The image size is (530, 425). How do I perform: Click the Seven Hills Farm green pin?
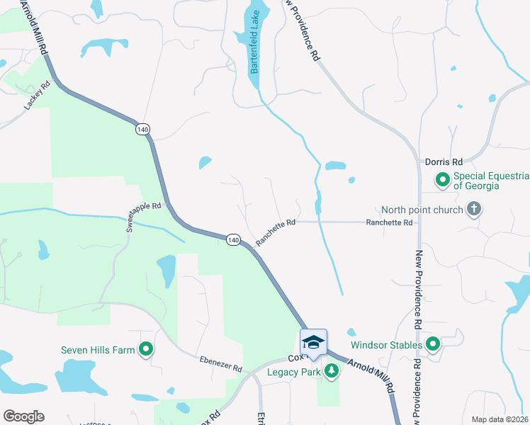pos(147,348)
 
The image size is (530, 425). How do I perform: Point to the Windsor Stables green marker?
pos(433,345)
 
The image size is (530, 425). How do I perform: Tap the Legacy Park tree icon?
pos(331,370)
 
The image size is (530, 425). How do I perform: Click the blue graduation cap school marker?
pos(312,342)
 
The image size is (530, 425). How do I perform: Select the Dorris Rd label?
pos(443,161)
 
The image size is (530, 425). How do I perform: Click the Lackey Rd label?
pos(38,96)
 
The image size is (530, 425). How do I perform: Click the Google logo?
pos(23,416)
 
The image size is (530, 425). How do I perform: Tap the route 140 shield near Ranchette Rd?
pos(233,240)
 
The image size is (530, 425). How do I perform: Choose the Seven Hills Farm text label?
pos(98,349)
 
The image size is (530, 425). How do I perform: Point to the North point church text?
pos(422,210)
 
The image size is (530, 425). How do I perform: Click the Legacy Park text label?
pos(294,371)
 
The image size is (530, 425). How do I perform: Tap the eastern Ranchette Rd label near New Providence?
pos(389,222)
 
